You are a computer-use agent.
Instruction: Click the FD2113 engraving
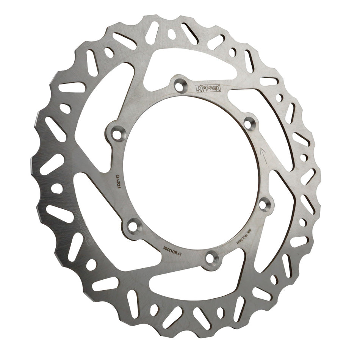pyautogui.click(x=120, y=180)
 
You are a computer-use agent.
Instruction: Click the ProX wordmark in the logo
pyautogui.click(x=214, y=88)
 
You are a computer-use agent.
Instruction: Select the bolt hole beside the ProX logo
pyautogui.click(x=178, y=85)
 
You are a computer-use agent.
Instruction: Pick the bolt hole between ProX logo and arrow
pyautogui.click(x=249, y=123)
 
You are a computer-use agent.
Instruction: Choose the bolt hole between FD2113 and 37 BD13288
pyautogui.click(x=133, y=226)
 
